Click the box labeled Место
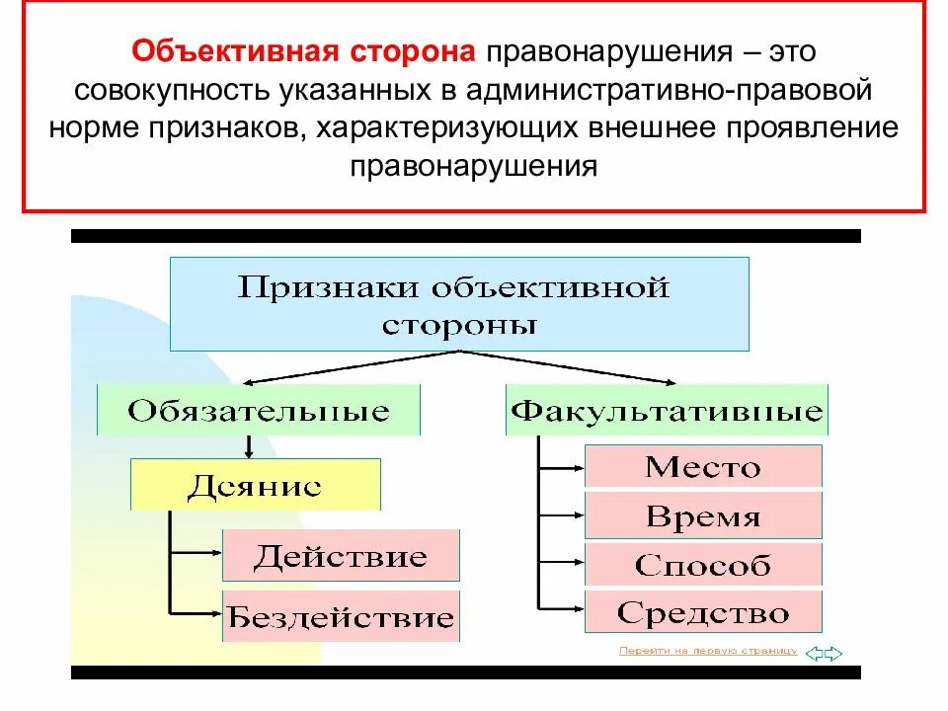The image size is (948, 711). pos(703,466)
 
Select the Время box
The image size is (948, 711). pos(703,515)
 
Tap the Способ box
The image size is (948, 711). pos(703,564)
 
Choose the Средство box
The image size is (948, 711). pos(703,612)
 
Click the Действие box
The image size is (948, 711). pos(341,555)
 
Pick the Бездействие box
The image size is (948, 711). pos(341,617)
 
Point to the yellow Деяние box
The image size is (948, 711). pos(255,485)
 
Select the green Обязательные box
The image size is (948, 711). pos(259,411)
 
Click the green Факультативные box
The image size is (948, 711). pos(667,411)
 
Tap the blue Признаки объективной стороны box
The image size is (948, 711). pos(459,304)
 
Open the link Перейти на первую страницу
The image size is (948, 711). pos(707,651)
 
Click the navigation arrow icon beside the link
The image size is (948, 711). pos(823,652)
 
